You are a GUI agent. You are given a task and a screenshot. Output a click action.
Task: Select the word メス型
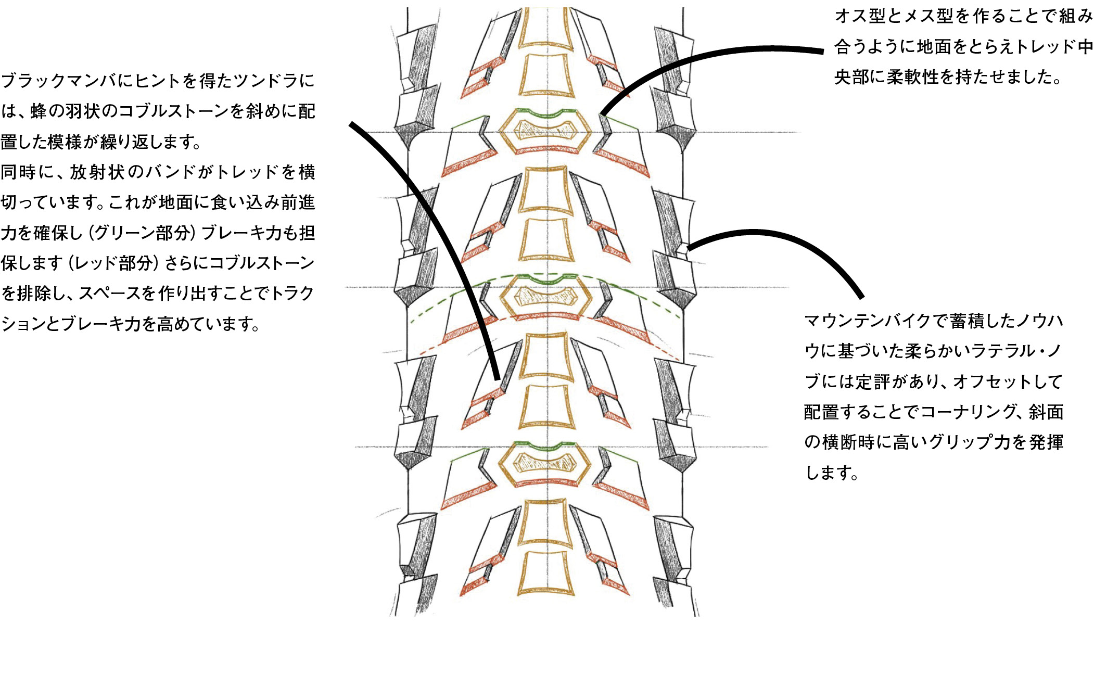pos(928,16)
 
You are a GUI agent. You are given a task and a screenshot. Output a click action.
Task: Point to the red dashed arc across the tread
pos(546,315)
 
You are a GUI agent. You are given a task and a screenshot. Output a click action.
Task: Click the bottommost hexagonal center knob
pos(546,464)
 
